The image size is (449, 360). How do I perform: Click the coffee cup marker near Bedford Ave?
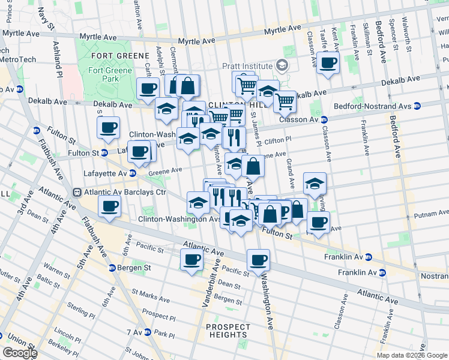coord(328,62)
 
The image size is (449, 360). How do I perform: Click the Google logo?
coord(19,353)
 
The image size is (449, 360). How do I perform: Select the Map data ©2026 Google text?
coord(412,355)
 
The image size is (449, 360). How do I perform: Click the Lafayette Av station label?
coord(110,173)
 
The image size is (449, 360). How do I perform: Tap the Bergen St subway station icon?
coord(112,268)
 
